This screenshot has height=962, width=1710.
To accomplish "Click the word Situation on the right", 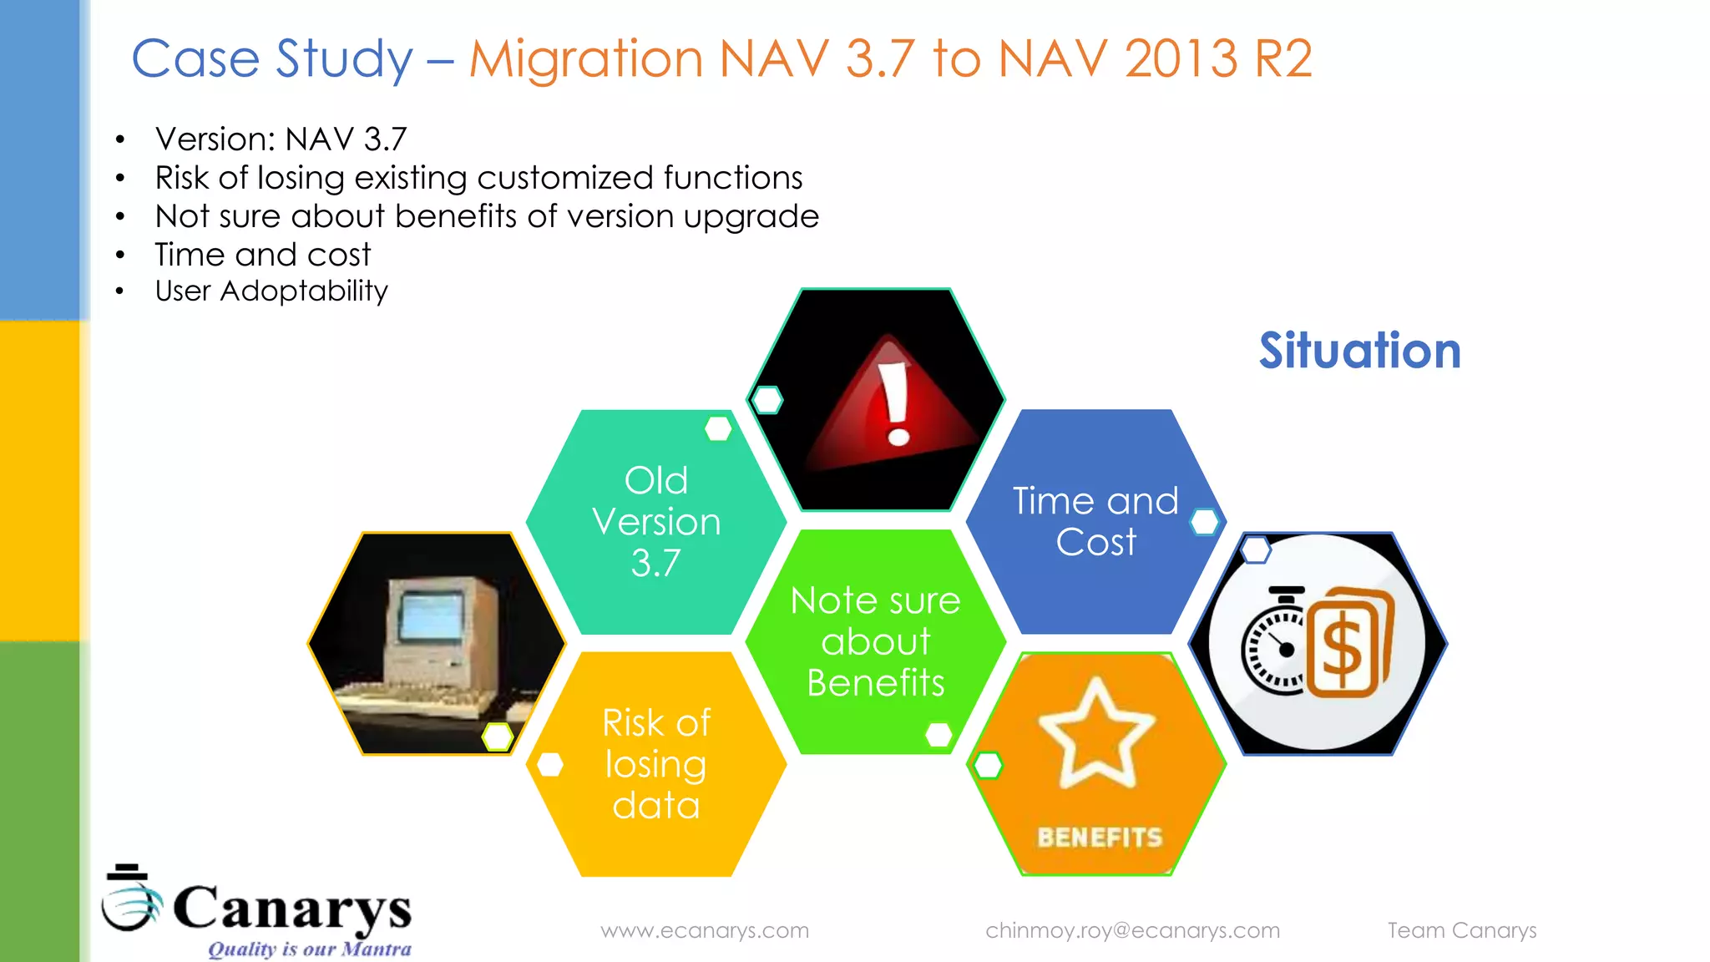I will [x=1359, y=351].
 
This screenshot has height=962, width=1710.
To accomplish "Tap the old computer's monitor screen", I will [x=431, y=616].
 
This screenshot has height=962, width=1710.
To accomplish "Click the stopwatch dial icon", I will [x=1272, y=647].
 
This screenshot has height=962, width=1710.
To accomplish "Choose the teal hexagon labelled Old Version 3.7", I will [x=656, y=521].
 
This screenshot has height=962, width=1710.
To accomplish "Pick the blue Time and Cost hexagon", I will [x=1095, y=521].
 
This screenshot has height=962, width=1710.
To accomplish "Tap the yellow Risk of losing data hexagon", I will [x=656, y=763].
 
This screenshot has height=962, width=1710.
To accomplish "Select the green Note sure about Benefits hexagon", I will [x=875, y=641].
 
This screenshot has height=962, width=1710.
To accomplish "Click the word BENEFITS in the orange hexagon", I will [x=1100, y=837].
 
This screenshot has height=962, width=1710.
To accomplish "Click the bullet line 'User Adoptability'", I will [x=271, y=291].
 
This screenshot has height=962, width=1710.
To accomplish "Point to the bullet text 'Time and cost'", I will [x=263, y=255].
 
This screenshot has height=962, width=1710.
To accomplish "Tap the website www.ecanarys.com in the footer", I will [x=705, y=930].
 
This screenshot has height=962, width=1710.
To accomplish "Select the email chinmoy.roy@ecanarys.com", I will [x=1132, y=930].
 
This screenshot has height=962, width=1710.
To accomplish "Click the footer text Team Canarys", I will [x=1461, y=930].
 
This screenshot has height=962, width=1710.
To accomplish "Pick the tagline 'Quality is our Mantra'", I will [x=309, y=949].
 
